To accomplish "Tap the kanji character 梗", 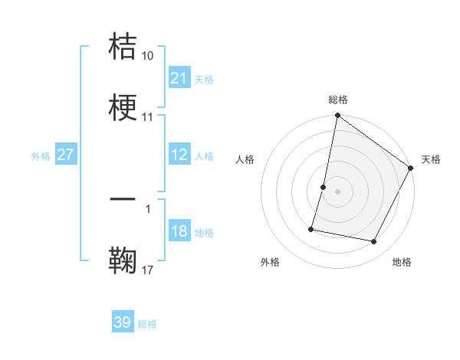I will (x=123, y=107).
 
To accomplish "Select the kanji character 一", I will (x=123, y=200).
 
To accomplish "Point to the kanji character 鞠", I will (x=123, y=260).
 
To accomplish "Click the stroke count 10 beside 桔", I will (x=148, y=56).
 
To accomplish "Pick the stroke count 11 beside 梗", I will (x=148, y=117).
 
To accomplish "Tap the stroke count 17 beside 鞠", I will (x=148, y=270).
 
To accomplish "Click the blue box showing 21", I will (x=179, y=78).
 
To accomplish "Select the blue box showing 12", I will (x=179, y=155).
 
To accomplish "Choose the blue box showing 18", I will (x=179, y=231).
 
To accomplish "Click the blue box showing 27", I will (x=66, y=155).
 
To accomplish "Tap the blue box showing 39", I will (x=123, y=322).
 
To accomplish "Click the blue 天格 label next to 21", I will (x=204, y=79).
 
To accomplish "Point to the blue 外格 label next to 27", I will (x=41, y=155).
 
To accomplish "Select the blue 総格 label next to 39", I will (x=147, y=323).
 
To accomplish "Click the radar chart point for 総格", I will (x=337, y=116).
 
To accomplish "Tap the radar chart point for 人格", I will (x=324, y=187).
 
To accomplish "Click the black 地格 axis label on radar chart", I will (x=402, y=262).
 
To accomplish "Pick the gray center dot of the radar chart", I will (x=337, y=191).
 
